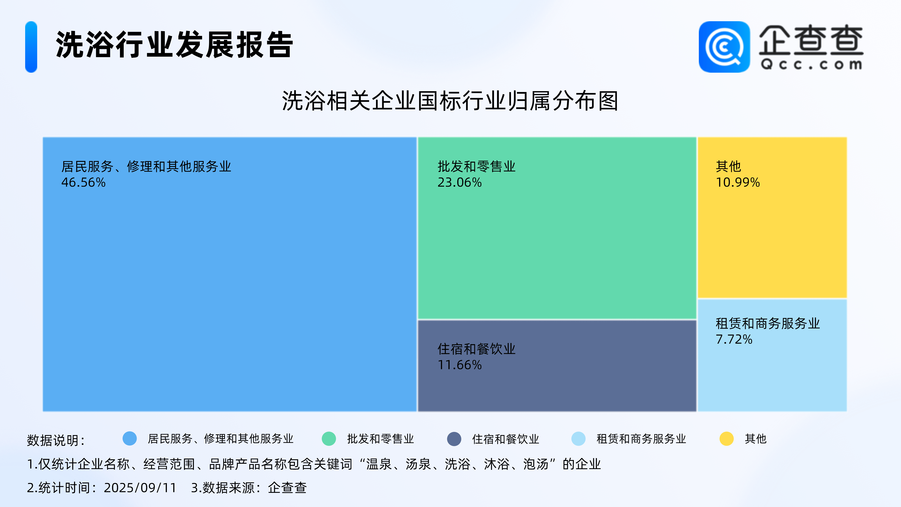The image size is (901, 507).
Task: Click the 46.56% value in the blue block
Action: (83, 182)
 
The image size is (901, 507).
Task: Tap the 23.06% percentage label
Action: (460, 182)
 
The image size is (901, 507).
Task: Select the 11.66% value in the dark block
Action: (460, 365)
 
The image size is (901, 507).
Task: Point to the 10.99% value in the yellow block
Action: (738, 182)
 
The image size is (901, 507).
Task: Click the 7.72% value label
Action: (734, 339)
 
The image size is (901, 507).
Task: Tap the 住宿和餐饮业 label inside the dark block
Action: (476, 349)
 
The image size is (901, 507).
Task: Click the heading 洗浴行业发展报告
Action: (174, 45)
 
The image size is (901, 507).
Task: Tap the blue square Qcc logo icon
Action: (724, 47)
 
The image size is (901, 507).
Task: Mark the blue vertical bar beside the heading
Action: (31, 47)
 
